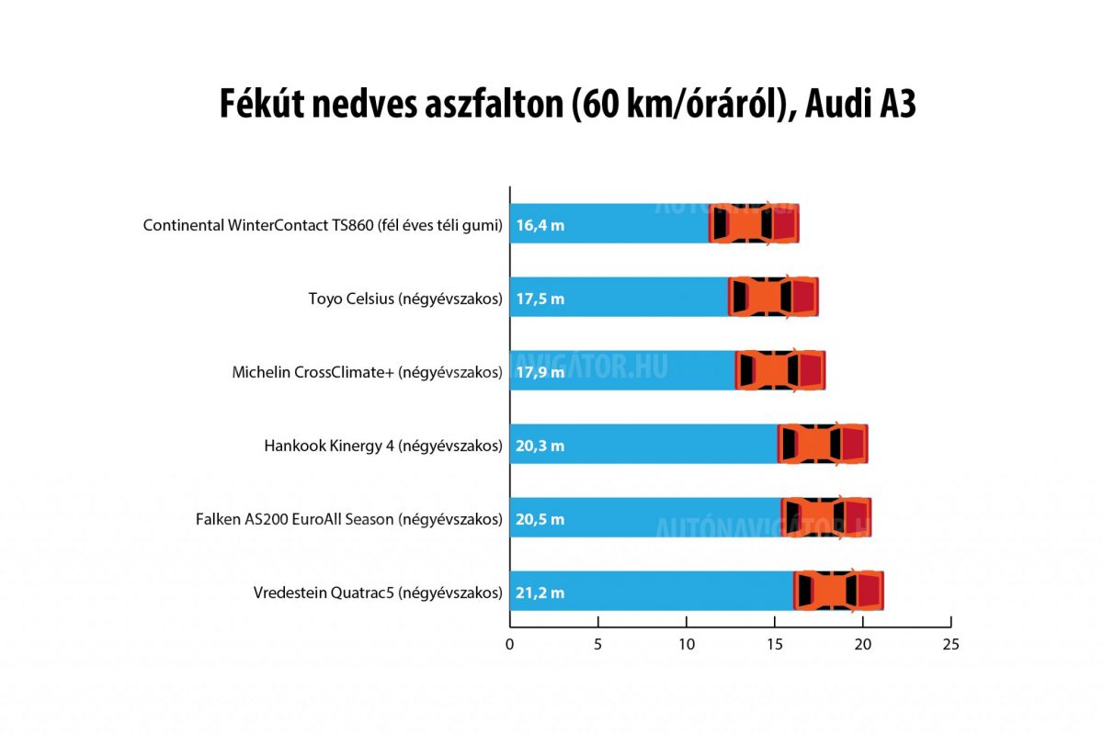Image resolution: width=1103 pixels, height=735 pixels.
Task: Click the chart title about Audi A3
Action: coord(567,104)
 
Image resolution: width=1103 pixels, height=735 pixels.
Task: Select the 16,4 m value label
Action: coord(540,225)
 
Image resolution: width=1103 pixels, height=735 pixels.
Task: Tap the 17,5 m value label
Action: coord(540,299)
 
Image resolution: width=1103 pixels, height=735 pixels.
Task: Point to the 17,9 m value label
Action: coord(540,372)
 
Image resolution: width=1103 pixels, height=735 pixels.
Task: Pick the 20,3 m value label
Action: coord(540,446)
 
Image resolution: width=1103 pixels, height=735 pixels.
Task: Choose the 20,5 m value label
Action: coord(540,519)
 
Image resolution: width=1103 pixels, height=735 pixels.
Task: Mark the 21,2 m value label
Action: coord(540,593)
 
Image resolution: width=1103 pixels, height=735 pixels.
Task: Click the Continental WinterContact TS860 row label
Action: coord(323,225)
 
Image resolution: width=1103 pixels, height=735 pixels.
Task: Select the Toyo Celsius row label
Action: coord(405,299)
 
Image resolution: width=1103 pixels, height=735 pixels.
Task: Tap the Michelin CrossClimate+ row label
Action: coord(367,372)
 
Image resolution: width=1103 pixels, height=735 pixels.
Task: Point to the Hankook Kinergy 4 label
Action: coord(383,446)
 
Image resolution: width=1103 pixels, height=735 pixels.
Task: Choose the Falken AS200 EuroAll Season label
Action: coord(349,519)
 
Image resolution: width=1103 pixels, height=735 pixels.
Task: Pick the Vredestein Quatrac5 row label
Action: coord(378,593)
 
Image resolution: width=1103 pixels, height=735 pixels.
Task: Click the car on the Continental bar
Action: coord(754,223)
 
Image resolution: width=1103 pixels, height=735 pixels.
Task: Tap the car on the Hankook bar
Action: coord(823,444)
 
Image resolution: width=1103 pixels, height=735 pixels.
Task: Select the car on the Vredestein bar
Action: coord(838,591)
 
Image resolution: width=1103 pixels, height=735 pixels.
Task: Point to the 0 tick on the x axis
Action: coord(510,644)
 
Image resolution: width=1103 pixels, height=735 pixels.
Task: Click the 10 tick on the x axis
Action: coord(687,644)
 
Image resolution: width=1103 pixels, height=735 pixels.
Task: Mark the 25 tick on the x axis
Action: coord(950,644)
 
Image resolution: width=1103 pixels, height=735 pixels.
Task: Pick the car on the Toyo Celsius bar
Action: coord(773,297)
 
